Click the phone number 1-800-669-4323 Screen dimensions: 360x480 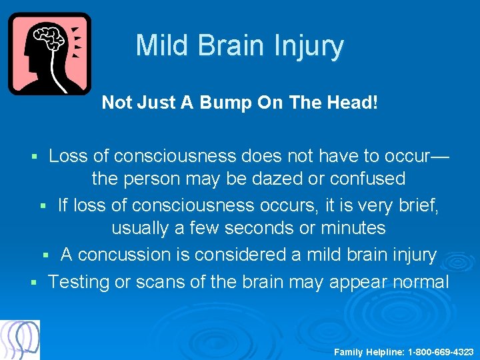(440, 351)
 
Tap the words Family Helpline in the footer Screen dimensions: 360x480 (369, 351)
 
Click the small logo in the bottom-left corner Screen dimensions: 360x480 (20, 339)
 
